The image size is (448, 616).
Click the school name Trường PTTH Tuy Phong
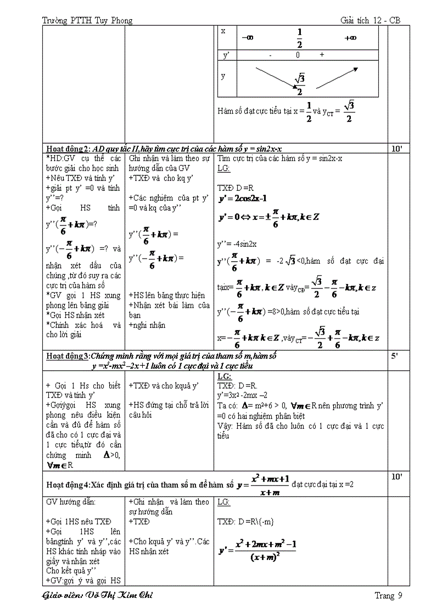[87, 21]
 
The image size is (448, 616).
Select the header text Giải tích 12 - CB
[371, 21]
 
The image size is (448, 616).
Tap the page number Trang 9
[388, 596]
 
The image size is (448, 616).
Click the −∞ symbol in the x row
[248, 38]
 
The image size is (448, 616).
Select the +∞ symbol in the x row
[350, 38]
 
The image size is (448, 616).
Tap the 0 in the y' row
[298, 55]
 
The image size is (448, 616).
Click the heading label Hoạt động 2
[68, 149]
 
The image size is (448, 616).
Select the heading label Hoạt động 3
[68, 356]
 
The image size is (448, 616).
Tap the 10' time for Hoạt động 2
[397, 149]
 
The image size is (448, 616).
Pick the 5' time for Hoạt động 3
[395, 356]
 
